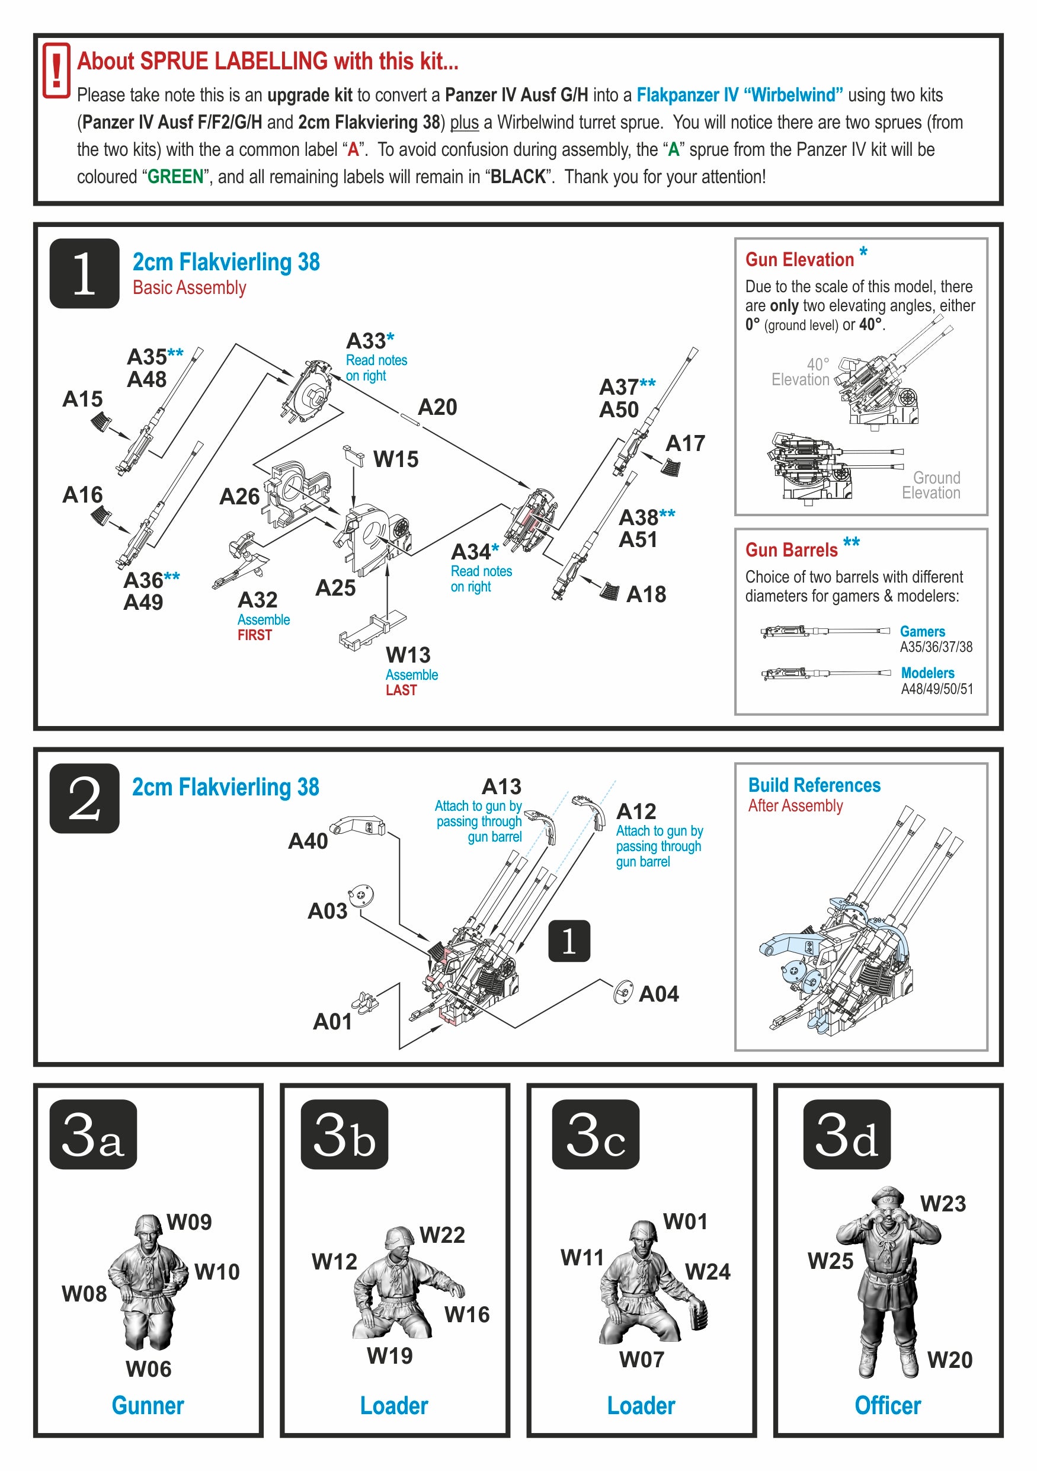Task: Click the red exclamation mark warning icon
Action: coord(56,71)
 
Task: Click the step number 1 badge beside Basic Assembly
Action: coord(84,274)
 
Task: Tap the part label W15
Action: coord(395,459)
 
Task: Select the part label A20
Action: coord(437,408)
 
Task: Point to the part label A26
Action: coord(239,497)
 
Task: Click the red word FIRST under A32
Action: coord(255,635)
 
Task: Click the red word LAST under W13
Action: coord(401,690)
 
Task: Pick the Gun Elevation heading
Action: coord(799,260)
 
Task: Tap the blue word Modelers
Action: coord(927,673)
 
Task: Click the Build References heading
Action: coord(814,785)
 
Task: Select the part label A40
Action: coord(308,841)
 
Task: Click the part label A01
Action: coord(332,1022)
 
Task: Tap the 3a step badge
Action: coord(93,1134)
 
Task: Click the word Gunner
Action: coord(148,1406)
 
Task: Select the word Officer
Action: coord(888,1406)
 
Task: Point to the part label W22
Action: coord(442,1235)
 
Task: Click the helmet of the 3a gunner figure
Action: coord(148,1223)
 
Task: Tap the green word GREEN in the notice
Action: coord(175,177)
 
